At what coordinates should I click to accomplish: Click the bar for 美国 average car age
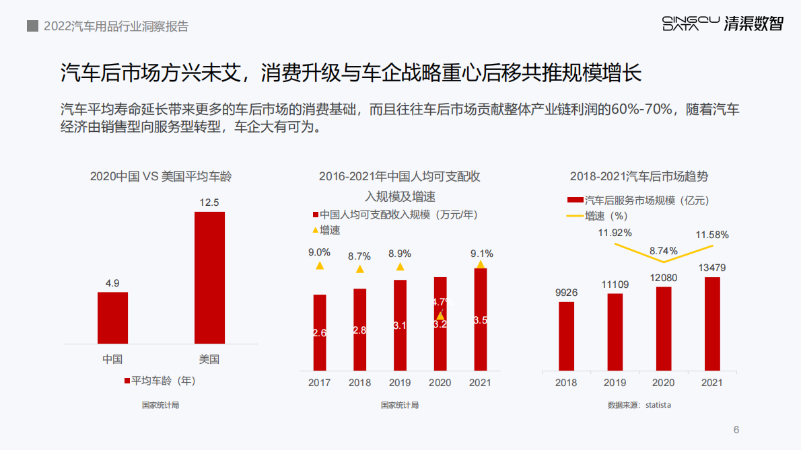(x=209, y=278)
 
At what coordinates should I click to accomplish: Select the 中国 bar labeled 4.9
(x=112, y=317)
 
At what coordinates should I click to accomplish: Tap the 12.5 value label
(x=209, y=202)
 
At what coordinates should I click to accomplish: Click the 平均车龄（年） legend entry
(x=160, y=381)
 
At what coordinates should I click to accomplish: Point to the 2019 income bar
(x=400, y=325)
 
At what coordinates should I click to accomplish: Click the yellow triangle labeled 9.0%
(x=320, y=266)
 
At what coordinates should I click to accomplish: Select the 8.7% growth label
(x=359, y=256)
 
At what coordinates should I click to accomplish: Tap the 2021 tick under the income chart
(x=480, y=382)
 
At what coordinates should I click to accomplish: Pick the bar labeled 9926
(x=567, y=336)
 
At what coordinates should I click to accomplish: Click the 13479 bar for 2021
(x=712, y=324)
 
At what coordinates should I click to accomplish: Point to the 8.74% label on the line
(x=663, y=251)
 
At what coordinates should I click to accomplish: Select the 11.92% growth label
(x=615, y=233)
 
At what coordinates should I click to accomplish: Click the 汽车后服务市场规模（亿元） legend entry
(x=639, y=200)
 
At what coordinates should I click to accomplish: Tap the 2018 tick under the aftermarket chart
(x=567, y=382)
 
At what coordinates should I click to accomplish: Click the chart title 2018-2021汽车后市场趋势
(x=639, y=177)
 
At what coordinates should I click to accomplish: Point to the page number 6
(x=736, y=430)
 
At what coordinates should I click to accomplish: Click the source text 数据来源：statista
(x=639, y=405)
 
